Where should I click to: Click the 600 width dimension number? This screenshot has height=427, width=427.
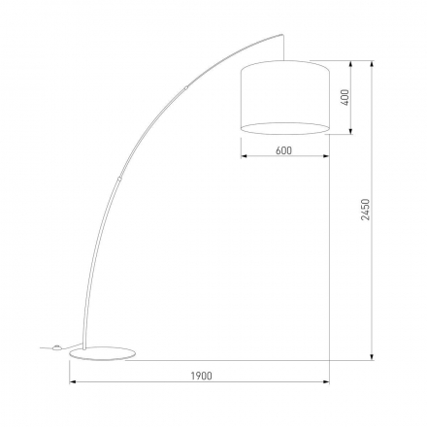click(x=283, y=149)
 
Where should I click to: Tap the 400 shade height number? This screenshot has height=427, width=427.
click(x=345, y=97)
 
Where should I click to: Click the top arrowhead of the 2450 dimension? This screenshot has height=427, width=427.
click(x=372, y=65)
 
